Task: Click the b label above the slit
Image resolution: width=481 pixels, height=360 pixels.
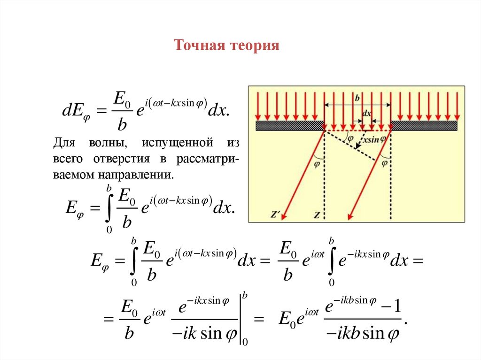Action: [x=357, y=98]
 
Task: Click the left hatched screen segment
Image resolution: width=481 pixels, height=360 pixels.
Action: [x=290, y=125]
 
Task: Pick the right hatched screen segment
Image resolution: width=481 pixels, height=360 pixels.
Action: [x=424, y=125]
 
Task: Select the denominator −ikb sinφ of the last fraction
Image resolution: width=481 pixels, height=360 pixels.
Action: [x=361, y=334]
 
